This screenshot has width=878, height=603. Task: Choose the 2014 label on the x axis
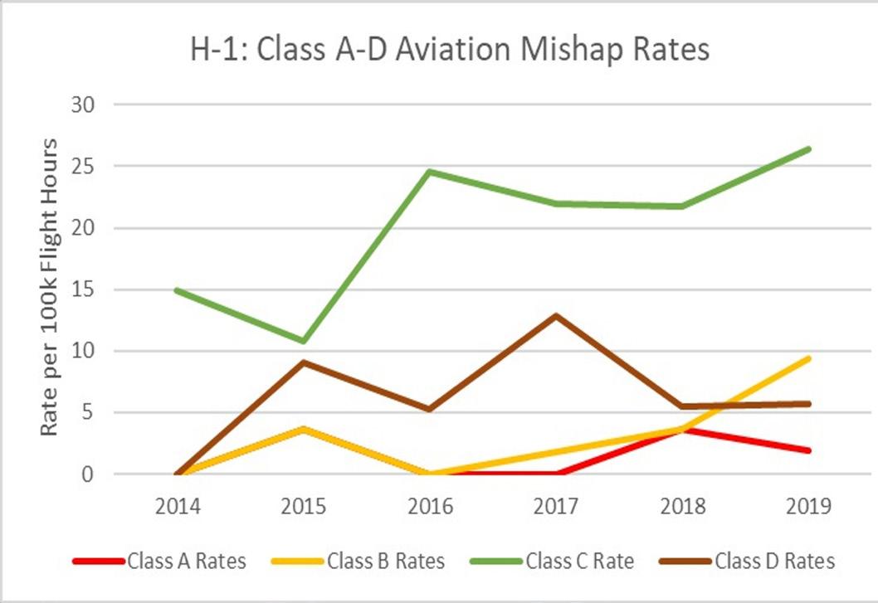pyautogui.click(x=178, y=506)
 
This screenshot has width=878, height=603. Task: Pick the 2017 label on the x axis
pyautogui.click(x=556, y=506)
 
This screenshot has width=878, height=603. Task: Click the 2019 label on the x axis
pyautogui.click(x=808, y=506)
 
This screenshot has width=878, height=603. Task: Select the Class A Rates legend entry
pyautogui.click(x=160, y=561)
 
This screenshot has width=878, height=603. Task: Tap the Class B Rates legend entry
pyautogui.click(x=359, y=561)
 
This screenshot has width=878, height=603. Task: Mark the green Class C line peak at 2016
pyautogui.click(x=430, y=172)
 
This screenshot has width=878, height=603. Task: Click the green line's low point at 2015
pyautogui.click(x=304, y=341)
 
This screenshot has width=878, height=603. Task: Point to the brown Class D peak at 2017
pyautogui.click(x=556, y=315)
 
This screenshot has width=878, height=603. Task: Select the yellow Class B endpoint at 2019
pyautogui.click(x=808, y=358)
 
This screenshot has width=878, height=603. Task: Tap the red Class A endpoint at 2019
pyautogui.click(x=808, y=450)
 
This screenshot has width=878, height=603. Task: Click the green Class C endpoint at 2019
pyautogui.click(x=808, y=149)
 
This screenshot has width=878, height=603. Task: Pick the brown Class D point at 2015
pyautogui.click(x=304, y=362)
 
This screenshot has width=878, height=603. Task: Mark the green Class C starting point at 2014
pyautogui.click(x=178, y=289)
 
